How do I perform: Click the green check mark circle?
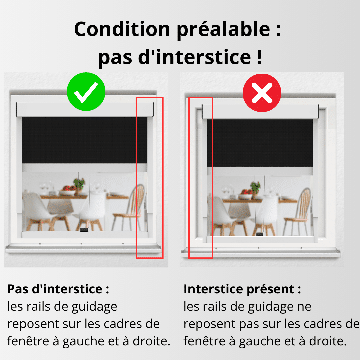pyautogui.click(x=86, y=92)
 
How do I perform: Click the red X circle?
pyautogui.click(x=262, y=93)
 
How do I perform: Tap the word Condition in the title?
pyautogui.click(x=122, y=29)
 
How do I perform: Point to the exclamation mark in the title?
pyautogui.click(x=259, y=57)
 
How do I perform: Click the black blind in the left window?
pyautogui.click(x=85, y=140)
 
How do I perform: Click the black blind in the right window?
pyautogui.click(x=260, y=143)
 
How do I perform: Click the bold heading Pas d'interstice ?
pyautogui.click(x=58, y=289)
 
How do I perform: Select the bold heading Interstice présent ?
pyautogui.click(x=242, y=289)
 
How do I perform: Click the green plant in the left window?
pyautogui.click(x=79, y=183)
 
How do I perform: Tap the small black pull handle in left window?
pyautogui.click(x=84, y=230)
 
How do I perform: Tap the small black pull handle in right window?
pyautogui.click(x=259, y=234)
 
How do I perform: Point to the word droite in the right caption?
pyautogui.click(x=328, y=341)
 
